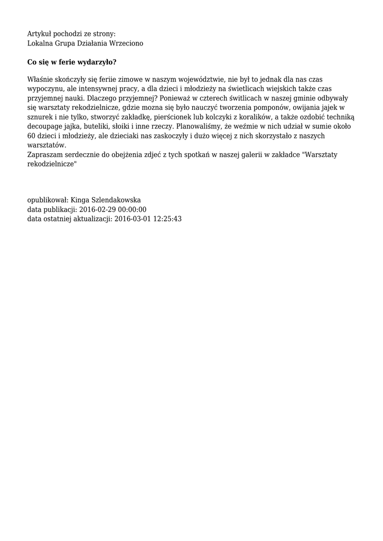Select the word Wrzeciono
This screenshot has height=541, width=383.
click(125, 43)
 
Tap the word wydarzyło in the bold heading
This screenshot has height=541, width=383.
click(94, 62)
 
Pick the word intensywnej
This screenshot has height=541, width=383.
click(89, 88)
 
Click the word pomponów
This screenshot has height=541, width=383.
click(267, 107)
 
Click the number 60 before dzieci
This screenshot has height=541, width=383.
click(31, 136)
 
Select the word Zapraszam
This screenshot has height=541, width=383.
click(44, 155)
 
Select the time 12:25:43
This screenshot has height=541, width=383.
click(167, 219)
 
